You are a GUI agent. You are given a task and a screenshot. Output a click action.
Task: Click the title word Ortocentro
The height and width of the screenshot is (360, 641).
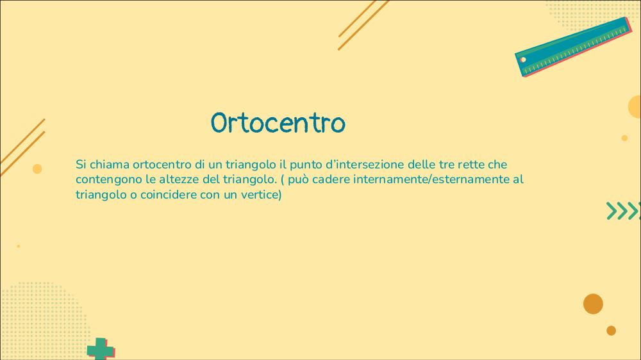click(x=278, y=122)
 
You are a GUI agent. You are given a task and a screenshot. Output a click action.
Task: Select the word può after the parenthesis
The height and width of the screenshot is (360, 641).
click(x=298, y=180)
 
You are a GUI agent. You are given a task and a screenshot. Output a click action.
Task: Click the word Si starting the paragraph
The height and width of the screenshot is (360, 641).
click(x=81, y=164)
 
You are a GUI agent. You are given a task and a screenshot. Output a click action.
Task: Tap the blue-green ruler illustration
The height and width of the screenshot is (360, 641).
click(x=573, y=47)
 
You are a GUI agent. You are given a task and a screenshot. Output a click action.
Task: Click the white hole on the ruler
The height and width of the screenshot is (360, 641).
click(x=523, y=60)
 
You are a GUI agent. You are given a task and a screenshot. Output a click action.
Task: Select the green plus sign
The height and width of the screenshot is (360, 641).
click(x=100, y=349)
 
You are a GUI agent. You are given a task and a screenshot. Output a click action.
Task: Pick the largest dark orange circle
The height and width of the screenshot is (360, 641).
click(x=593, y=304)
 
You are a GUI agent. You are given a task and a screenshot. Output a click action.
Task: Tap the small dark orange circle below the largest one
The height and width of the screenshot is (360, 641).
click(x=611, y=331)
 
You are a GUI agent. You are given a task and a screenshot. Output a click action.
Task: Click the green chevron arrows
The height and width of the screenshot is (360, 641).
click(x=624, y=211)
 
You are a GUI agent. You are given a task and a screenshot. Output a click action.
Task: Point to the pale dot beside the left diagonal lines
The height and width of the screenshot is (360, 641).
click(x=37, y=168)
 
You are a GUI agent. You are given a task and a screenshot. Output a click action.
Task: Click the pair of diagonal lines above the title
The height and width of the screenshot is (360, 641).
click(x=363, y=26)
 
